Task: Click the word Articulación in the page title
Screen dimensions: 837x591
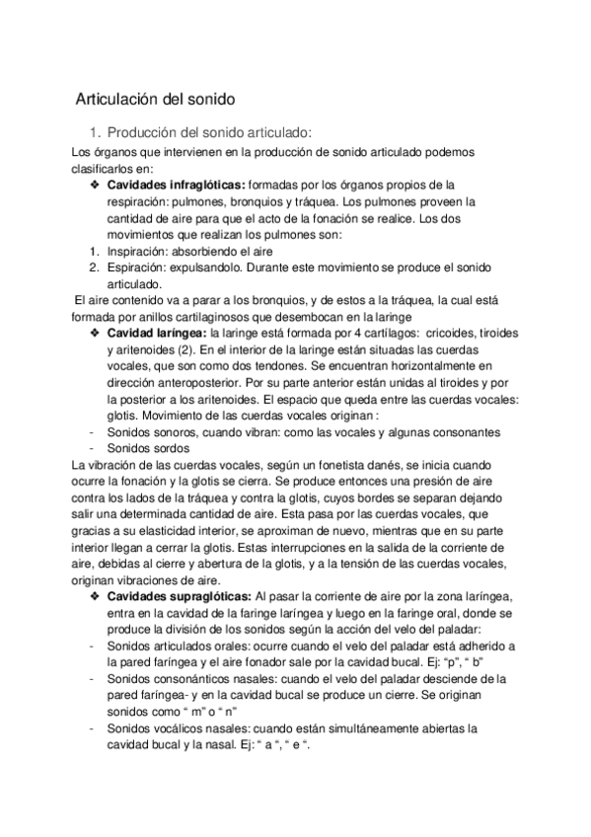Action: tap(118, 99)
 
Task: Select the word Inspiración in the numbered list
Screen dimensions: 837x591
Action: tap(136, 252)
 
